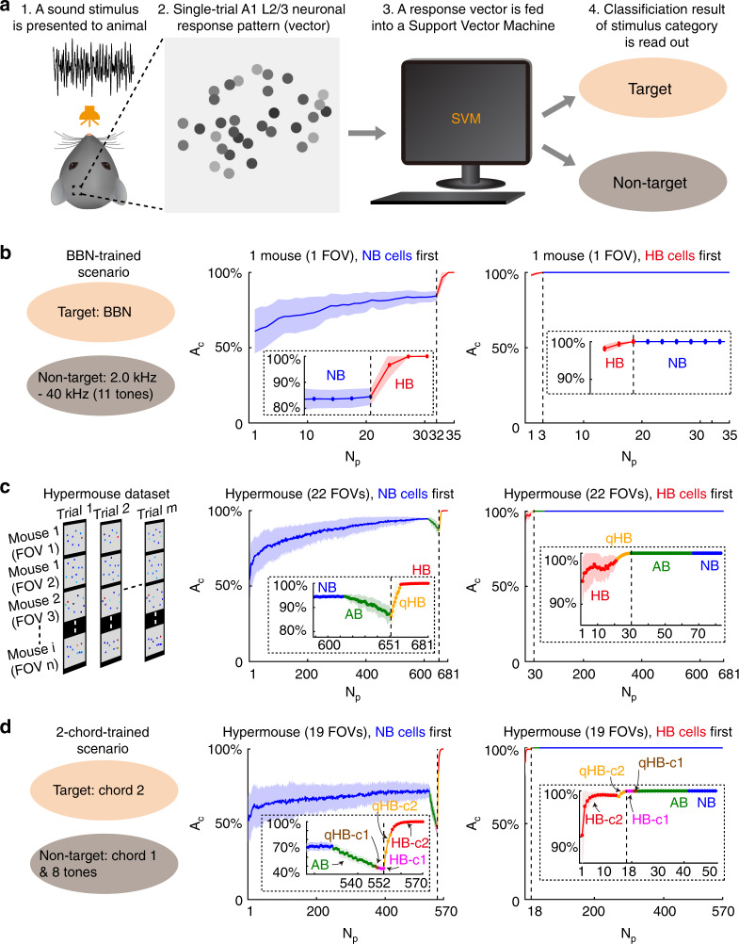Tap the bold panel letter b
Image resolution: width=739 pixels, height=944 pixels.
8,253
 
